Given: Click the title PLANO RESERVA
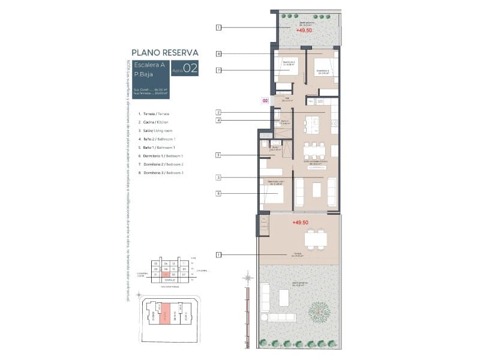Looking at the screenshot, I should (x=164, y=53).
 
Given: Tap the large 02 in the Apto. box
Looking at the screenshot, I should (x=190, y=68).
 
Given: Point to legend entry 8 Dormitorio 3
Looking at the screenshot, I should (x=160, y=172).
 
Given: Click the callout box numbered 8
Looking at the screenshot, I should (x=219, y=54).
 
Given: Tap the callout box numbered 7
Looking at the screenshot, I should (x=219, y=70).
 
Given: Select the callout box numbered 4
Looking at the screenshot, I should (x=219, y=121).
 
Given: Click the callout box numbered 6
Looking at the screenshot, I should (x=219, y=193).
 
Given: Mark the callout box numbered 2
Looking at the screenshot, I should (x=219, y=112).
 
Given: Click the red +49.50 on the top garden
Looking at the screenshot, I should (x=304, y=29).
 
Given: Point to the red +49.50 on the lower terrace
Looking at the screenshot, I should (x=301, y=222).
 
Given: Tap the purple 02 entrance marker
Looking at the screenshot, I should (x=265, y=101).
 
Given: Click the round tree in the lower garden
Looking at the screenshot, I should (x=318, y=311).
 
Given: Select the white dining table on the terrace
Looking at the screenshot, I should (x=316, y=239).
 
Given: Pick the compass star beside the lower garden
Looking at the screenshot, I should (x=247, y=277).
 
